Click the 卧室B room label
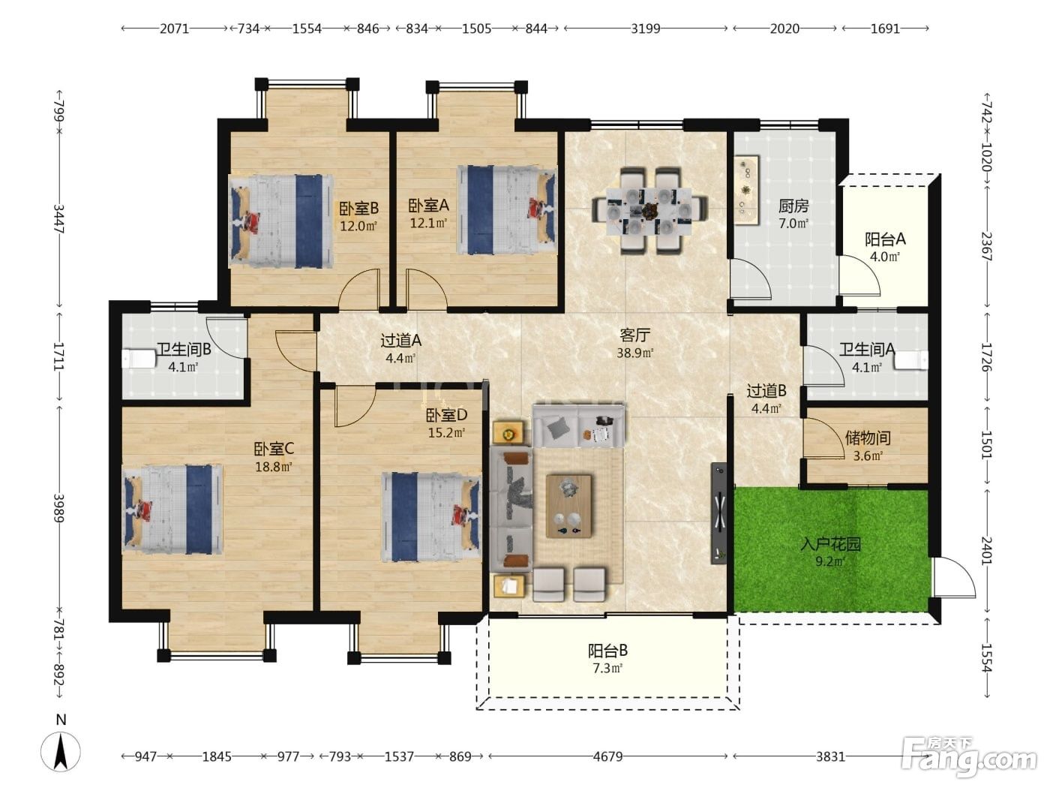click(358, 208)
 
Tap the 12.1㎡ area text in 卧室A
click(428, 223)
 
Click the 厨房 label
click(793, 206)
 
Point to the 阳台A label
click(884, 239)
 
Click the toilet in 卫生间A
click(911, 359)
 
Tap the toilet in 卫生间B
click(139, 359)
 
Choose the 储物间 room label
click(868, 438)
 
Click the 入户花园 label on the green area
click(830, 544)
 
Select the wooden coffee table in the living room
click(568, 506)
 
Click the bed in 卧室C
click(172, 509)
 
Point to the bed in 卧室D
click(431, 517)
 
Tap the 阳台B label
click(607, 651)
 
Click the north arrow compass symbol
click(61, 751)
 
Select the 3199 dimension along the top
click(645, 29)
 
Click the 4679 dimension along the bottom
click(607, 756)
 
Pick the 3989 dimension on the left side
click(58, 507)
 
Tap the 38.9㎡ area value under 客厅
click(634, 353)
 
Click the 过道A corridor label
click(400, 341)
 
